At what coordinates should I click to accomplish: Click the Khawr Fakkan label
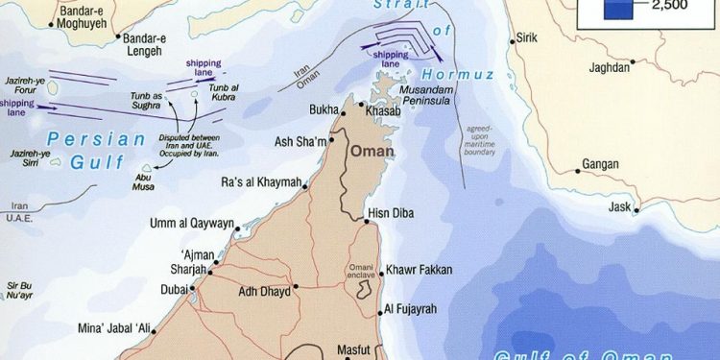click(420, 271)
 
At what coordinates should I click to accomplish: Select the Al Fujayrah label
click(417, 309)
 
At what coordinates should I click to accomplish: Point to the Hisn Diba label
click(390, 213)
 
